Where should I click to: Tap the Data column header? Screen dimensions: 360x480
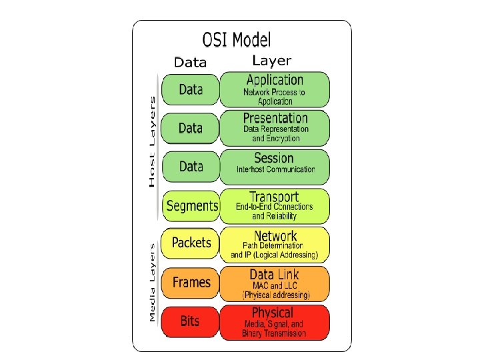click(x=190, y=62)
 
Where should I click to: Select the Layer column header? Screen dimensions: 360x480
click(x=271, y=61)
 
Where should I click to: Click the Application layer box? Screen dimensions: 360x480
click(x=275, y=90)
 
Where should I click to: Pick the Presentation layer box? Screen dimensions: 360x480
click(x=275, y=128)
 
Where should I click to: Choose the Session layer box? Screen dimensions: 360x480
click(x=275, y=167)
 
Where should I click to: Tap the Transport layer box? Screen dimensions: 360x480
click(x=275, y=205)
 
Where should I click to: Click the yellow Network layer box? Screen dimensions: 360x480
click(x=275, y=244)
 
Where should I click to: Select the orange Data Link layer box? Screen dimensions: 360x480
click(x=275, y=283)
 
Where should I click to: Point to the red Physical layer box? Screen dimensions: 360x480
click(x=275, y=321)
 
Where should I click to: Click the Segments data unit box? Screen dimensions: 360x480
click(x=191, y=205)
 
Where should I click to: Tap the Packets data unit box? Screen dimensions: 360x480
click(x=191, y=243)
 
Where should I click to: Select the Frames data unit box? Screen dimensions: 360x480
click(x=191, y=283)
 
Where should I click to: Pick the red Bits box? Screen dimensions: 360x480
click(x=190, y=321)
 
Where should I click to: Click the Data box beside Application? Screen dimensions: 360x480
click(x=191, y=90)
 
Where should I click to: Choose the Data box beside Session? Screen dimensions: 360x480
click(x=191, y=167)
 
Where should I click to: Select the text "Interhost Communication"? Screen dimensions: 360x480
click(x=275, y=170)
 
